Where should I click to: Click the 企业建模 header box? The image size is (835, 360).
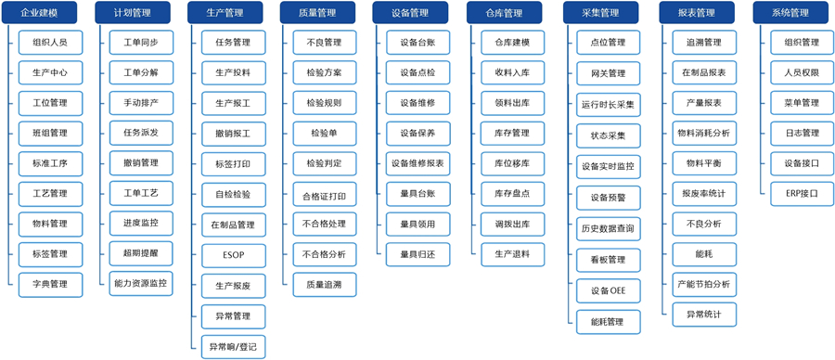pyautogui.click(x=39, y=13)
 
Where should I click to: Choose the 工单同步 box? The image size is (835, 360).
pyautogui.click(x=140, y=43)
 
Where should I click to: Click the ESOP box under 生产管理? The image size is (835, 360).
pyautogui.click(x=233, y=255)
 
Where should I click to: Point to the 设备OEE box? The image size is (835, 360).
pyautogui.click(x=608, y=291)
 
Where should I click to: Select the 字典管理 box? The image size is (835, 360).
pyautogui.click(x=49, y=284)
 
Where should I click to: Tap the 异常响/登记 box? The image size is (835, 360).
pyautogui.click(x=233, y=347)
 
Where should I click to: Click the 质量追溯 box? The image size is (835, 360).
pyautogui.click(x=324, y=285)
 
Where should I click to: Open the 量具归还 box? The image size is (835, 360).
pyautogui.click(x=417, y=253)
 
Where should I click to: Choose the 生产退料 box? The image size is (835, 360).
pyautogui.click(x=512, y=253)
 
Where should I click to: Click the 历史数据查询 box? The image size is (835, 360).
pyautogui.click(x=608, y=228)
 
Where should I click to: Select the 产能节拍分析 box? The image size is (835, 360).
pyautogui.click(x=703, y=284)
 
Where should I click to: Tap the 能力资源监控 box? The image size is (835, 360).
pyautogui.click(x=140, y=283)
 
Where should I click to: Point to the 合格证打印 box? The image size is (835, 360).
pyautogui.click(x=324, y=197)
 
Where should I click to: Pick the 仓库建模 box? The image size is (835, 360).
pyautogui.click(x=512, y=43)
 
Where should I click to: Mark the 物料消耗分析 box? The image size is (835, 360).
pyautogui.click(x=703, y=133)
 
